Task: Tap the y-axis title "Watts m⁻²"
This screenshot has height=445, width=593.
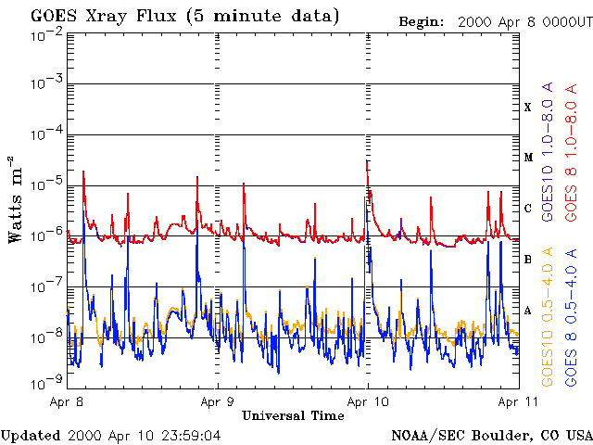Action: [x=16, y=198]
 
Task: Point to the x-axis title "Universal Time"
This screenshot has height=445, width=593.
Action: [x=293, y=416]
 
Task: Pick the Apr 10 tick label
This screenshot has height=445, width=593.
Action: [x=368, y=402]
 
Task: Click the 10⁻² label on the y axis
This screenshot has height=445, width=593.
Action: [x=45, y=35]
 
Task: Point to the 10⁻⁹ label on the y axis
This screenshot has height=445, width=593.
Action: [x=45, y=379]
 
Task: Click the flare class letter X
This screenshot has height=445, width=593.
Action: [x=528, y=108]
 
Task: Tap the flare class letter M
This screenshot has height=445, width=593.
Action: [x=528, y=158]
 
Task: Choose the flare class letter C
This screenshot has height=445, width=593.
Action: [x=528, y=209]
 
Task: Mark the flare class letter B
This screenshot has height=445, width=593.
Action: [x=528, y=260]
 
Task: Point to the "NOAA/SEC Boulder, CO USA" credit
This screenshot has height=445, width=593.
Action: [x=491, y=434]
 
